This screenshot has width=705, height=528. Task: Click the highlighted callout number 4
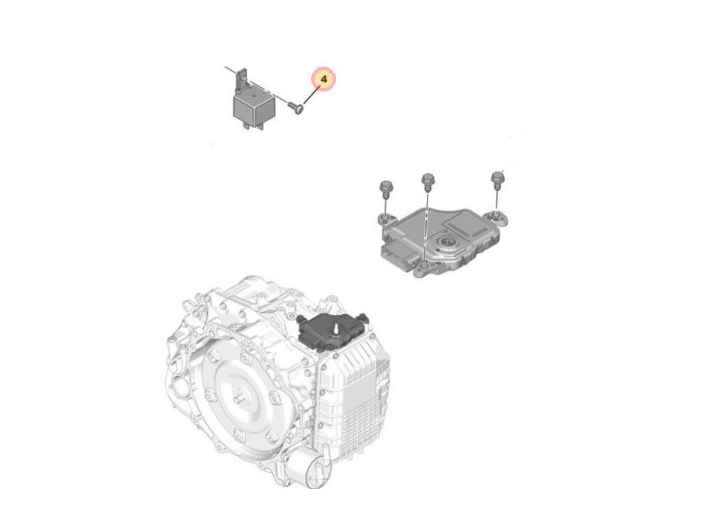pos(324,80)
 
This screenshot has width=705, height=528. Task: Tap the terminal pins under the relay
pos(246,125)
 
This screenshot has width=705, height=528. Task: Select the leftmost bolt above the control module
pos(385,189)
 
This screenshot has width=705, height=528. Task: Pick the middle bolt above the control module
pos(427,181)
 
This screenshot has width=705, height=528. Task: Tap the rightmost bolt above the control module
pos(497,179)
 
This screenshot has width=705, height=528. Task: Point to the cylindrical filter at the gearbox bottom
pos(305,472)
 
